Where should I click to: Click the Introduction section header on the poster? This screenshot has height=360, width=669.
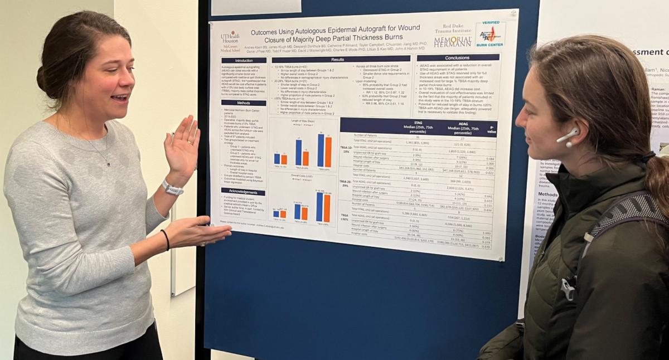pyautogui.click(x=244, y=60)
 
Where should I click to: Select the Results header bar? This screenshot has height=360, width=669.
pyautogui.click(x=338, y=59)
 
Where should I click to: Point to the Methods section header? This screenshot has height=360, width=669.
pyautogui.click(x=244, y=103)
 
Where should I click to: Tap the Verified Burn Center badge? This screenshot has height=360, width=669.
pyautogui.click(x=489, y=35)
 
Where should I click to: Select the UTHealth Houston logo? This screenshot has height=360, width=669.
pyautogui.click(x=230, y=42)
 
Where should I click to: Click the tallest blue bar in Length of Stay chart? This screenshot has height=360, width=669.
pyautogui.click(x=321, y=150)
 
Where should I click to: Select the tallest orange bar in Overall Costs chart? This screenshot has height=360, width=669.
pyautogui.click(x=327, y=208)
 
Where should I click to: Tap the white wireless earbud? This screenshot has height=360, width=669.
pyautogui.click(x=568, y=136)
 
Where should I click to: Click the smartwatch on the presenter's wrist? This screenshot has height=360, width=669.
pyautogui.click(x=172, y=188)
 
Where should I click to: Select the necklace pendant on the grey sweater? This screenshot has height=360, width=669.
pyautogui.click(x=109, y=162)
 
